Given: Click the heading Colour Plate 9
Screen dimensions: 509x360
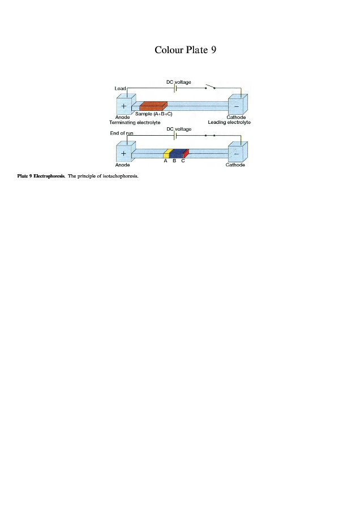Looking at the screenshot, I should click(185, 50).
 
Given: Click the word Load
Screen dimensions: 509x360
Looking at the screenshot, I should click(120, 88).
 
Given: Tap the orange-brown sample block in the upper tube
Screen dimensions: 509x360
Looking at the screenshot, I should click(152, 106).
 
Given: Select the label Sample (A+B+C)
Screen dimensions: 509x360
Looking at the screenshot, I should click(155, 114).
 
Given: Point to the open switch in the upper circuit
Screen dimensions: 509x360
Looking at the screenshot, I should click(210, 87).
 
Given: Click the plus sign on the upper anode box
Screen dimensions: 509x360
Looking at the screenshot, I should click(123, 106).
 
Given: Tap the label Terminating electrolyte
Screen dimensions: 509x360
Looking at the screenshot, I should click(135, 122).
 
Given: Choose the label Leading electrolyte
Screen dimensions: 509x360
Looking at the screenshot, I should click(229, 122).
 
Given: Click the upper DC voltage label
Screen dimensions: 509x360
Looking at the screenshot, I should click(178, 82).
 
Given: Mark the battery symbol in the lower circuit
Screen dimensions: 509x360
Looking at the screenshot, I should click(177, 136).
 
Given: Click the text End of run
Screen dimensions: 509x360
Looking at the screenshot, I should click(121, 133).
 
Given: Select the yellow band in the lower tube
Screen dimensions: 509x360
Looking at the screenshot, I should click(167, 153).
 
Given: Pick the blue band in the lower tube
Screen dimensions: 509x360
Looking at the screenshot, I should click(177, 153).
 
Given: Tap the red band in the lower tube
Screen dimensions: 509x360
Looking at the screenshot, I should click(186, 153).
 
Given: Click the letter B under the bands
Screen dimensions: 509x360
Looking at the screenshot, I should click(174, 161).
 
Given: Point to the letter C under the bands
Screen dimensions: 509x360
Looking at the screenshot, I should click(183, 161).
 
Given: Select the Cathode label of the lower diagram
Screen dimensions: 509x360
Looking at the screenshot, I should click(235, 165).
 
